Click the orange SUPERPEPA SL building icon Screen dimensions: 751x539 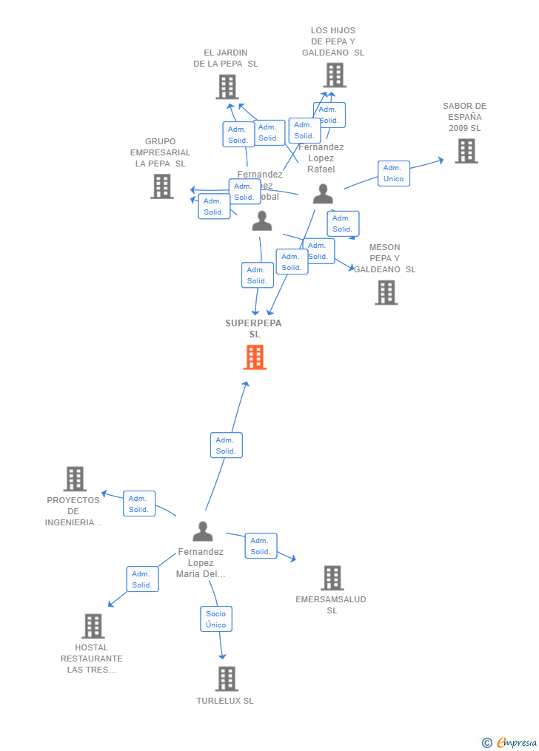(x=255, y=357)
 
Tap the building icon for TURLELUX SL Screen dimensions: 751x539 (x=227, y=678)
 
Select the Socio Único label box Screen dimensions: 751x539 (x=216, y=619)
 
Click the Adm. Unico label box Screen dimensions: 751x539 (x=393, y=173)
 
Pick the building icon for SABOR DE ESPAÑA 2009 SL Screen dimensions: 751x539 (x=466, y=151)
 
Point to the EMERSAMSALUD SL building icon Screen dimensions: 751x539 (x=332, y=578)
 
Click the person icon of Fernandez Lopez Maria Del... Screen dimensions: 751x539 (x=202, y=531)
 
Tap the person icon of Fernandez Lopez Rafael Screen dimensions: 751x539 (x=323, y=194)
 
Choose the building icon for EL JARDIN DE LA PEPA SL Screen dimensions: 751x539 (x=227, y=87)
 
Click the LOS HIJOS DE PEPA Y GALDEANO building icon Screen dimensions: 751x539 (x=334, y=75)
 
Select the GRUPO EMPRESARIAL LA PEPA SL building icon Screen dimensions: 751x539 (x=161, y=186)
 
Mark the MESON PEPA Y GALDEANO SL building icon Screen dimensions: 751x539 (x=386, y=292)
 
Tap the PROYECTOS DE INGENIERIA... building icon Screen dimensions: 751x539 (x=75, y=479)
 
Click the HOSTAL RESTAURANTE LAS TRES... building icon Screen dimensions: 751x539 (x=93, y=626)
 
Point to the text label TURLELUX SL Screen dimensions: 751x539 (x=225, y=701)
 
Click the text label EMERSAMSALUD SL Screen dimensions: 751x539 (x=331, y=604)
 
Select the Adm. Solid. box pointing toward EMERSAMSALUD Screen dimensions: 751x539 (x=261, y=546)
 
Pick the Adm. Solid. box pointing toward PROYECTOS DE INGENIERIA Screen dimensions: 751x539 (x=138, y=504)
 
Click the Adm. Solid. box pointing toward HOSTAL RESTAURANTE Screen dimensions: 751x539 (x=142, y=579)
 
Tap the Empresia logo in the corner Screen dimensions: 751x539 (x=510, y=742)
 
